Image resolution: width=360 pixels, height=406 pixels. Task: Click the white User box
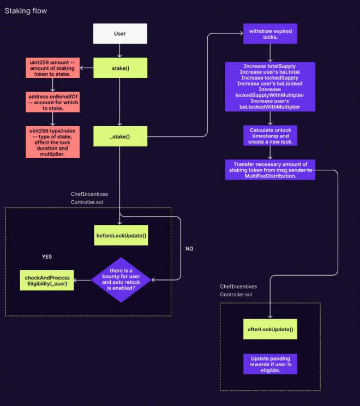119,33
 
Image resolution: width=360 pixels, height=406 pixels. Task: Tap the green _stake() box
119,136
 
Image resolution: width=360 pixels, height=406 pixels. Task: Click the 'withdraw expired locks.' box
271,34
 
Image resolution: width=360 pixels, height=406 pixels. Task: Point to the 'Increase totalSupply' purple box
270,86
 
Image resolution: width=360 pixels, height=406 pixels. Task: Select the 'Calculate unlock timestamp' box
270,135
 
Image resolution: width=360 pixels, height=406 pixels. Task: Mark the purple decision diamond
121,279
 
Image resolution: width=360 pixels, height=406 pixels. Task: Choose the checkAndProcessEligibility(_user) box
47,280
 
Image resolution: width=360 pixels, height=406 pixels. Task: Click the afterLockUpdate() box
271,330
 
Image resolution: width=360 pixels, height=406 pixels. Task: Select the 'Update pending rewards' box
271,364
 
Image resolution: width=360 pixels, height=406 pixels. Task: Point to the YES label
47,256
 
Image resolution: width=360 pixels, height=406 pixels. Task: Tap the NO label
189,248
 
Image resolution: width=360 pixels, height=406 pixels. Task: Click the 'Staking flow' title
26,11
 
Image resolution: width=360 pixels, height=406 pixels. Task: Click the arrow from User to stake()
119,51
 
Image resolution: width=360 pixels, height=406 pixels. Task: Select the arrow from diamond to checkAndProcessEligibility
82,280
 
